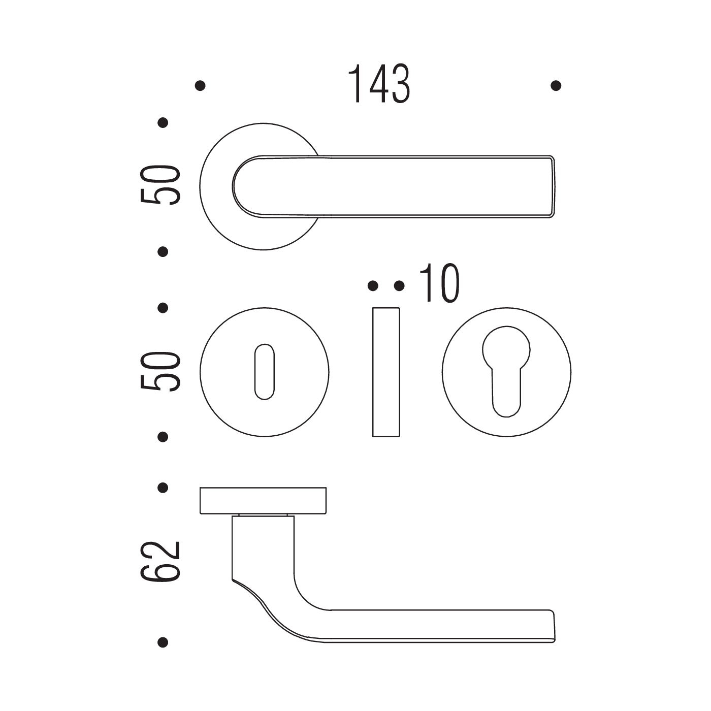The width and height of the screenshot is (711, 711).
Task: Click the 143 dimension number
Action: coord(378,84)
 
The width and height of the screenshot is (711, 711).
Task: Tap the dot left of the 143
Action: coord(200,86)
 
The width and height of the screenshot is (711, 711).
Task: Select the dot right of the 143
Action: coord(556,86)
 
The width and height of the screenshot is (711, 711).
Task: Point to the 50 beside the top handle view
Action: coord(160,185)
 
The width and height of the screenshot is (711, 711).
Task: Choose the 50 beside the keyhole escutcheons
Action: coord(160,372)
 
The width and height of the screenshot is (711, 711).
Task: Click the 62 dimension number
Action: coord(160,562)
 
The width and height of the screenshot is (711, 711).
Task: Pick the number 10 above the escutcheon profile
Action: coord(439,283)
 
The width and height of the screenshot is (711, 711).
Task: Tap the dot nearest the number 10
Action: coord(399,285)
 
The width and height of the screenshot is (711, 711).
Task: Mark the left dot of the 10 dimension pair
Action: coord(373,285)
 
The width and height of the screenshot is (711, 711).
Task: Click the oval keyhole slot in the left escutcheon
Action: coord(265,372)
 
